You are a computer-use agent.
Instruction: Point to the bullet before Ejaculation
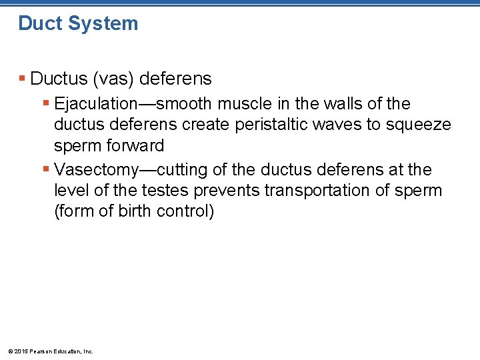pos(46,104)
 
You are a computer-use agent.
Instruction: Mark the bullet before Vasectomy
pos(46,170)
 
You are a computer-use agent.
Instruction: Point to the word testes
pos(164,191)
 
